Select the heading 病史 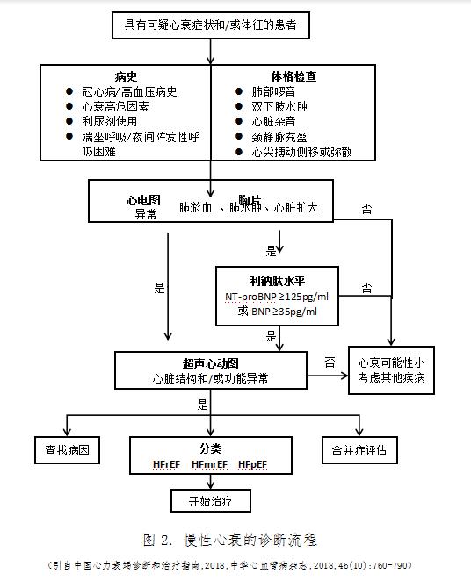tap(127, 76)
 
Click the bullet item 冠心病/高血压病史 tap(129, 91)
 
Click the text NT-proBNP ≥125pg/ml tap(276, 297)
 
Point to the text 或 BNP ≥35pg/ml tap(276, 312)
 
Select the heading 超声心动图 tap(211, 363)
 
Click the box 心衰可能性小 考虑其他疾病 tap(391, 369)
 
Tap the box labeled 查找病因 tap(67, 451)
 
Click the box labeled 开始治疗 tap(211, 500)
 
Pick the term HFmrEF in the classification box tap(209, 464)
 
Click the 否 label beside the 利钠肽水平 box tap(366, 288)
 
